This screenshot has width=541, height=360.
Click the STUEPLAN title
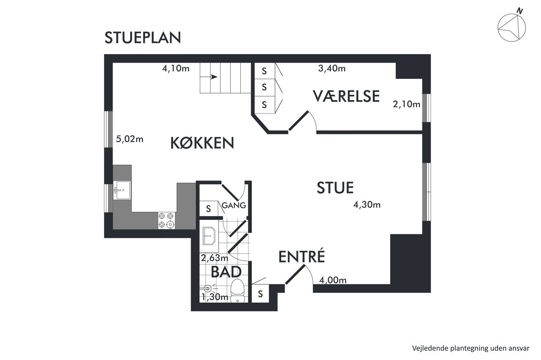pos(142,38)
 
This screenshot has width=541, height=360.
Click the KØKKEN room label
pos(202,143)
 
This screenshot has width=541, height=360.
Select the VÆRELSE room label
pos(346,96)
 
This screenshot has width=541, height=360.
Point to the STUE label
pos(335,187)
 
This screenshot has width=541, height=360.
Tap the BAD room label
pos(226,272)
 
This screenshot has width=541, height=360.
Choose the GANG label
pos(234,205)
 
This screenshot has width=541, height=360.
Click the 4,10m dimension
pos(175,68)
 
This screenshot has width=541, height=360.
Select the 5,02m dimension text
pos(130,139)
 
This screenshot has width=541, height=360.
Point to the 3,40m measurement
pos(332,68)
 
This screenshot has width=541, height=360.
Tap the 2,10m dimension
pos(407,105)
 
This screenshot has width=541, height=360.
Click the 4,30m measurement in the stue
pos(367,205)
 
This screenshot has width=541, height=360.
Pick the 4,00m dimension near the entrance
pos(333,280)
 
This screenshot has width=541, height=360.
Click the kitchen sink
pos(122,190)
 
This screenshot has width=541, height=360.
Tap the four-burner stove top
pos(167,220)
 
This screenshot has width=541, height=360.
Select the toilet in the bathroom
pos(238,291)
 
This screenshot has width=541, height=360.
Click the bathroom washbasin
pos(209,236)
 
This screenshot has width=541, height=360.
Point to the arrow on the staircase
pos(209,77)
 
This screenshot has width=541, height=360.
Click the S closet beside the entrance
pos(260,294)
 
